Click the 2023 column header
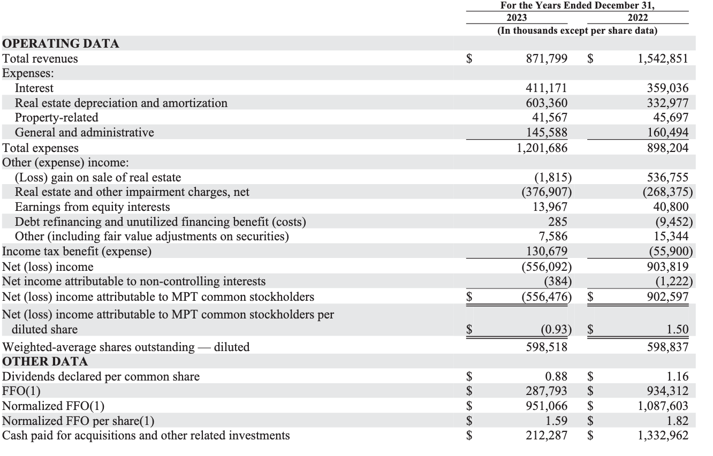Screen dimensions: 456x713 tap(516, 18)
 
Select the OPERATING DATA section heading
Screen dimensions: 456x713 tap(61, 44)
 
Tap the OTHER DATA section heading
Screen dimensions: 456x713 tap(45, 361)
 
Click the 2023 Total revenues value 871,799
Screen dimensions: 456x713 tap(547, 59)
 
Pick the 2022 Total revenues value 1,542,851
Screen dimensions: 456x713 tap(663, 59)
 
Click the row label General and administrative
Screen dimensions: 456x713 tap(84, 132)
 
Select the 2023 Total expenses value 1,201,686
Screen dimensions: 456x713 tap(542, 148)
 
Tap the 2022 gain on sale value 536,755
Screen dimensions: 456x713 tap(667, 177)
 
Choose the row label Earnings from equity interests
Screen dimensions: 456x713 tap(92, 207)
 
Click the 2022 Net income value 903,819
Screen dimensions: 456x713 tap(667, 267)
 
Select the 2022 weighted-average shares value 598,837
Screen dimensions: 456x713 tap(667, 347)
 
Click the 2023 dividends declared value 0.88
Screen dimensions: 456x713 tap(557, 377)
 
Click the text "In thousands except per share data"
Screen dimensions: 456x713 tap(578, 31)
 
